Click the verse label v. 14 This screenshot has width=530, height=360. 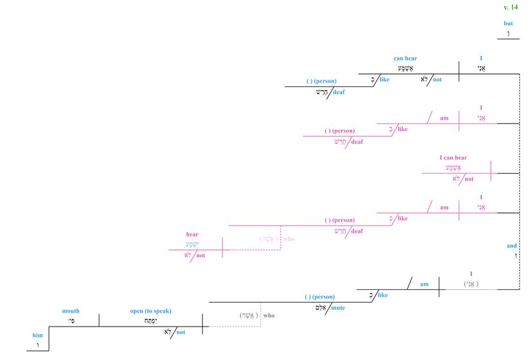click(510, 7)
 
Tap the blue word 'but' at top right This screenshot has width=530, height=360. click(508, 24)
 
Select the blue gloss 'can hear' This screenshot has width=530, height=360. click(405, 59)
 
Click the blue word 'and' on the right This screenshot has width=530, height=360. click(511, 246)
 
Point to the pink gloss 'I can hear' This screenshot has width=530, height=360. click(453, 157)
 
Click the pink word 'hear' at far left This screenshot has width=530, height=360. click(192, 235)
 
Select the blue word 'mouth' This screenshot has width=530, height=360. click(71, 311)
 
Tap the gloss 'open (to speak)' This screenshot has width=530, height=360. click(151, 311)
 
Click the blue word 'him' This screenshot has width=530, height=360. click(38, 335)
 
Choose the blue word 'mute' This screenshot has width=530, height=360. click(339, 308)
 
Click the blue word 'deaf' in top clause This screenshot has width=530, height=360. click(339, 92)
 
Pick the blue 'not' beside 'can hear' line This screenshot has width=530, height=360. click(437, 80)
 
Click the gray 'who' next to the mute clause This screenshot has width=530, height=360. click(269, 316)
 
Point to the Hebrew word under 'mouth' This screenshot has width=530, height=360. click(71, 320)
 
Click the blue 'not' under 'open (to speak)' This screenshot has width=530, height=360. click(181, 332)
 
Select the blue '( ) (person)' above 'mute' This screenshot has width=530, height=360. click(320, 296)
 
